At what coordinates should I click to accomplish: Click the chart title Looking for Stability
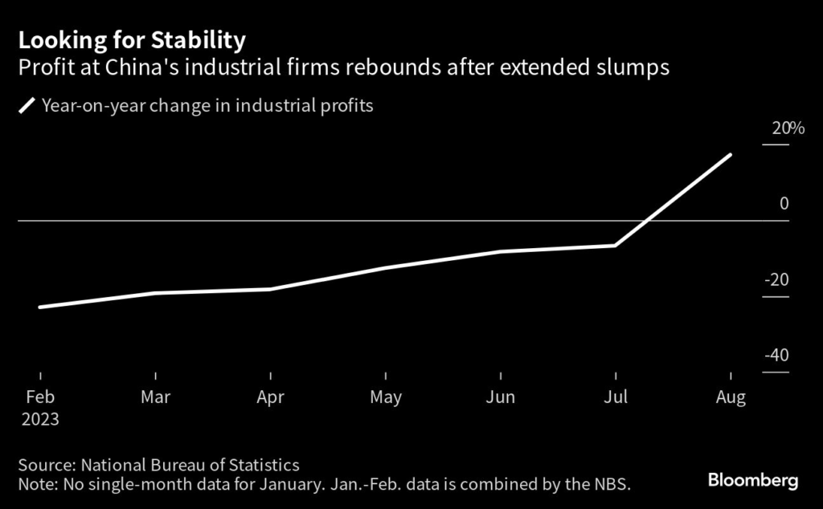click(133, 39)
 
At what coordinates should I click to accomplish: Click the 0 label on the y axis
click(784, 204)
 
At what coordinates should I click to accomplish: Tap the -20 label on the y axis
click(776, 280)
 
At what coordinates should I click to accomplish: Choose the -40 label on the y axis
click(776, 356)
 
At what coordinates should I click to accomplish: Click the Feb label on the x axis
click(40, 397)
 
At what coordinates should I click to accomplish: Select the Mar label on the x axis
click(155, 397)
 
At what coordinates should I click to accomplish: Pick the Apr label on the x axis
click(271, 397)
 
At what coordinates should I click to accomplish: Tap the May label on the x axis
click(386, 397)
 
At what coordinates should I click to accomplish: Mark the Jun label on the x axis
click(501, 397)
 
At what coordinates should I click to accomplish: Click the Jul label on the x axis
click(616, 397)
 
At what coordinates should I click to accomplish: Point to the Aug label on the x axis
click(731, 397)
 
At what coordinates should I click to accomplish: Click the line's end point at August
click(731, 154)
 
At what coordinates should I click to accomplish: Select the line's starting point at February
click(40, 307)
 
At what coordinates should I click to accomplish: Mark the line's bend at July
click(616, 245)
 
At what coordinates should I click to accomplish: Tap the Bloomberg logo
click(753, 481)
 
